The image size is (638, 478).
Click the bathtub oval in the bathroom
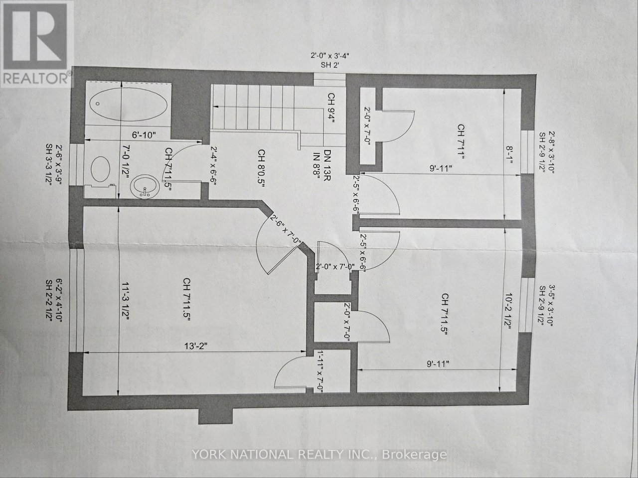[128, 105]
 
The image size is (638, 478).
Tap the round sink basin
[145, 187]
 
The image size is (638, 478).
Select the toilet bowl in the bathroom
[100, 169]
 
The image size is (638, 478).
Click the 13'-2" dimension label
[196, 346]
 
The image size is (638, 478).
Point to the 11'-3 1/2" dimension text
[126, 301]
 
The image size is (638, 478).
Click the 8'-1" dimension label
[509, 155]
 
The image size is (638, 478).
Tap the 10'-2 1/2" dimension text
[508, 311]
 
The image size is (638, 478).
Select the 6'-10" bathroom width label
[144, 135]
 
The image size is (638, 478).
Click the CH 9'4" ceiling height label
[331, 108]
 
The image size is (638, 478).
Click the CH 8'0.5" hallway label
[261, 168]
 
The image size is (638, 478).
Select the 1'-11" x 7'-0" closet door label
[320, 371]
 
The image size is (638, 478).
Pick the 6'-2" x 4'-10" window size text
[59, 301]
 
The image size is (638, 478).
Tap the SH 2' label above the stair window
[330, 65]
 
